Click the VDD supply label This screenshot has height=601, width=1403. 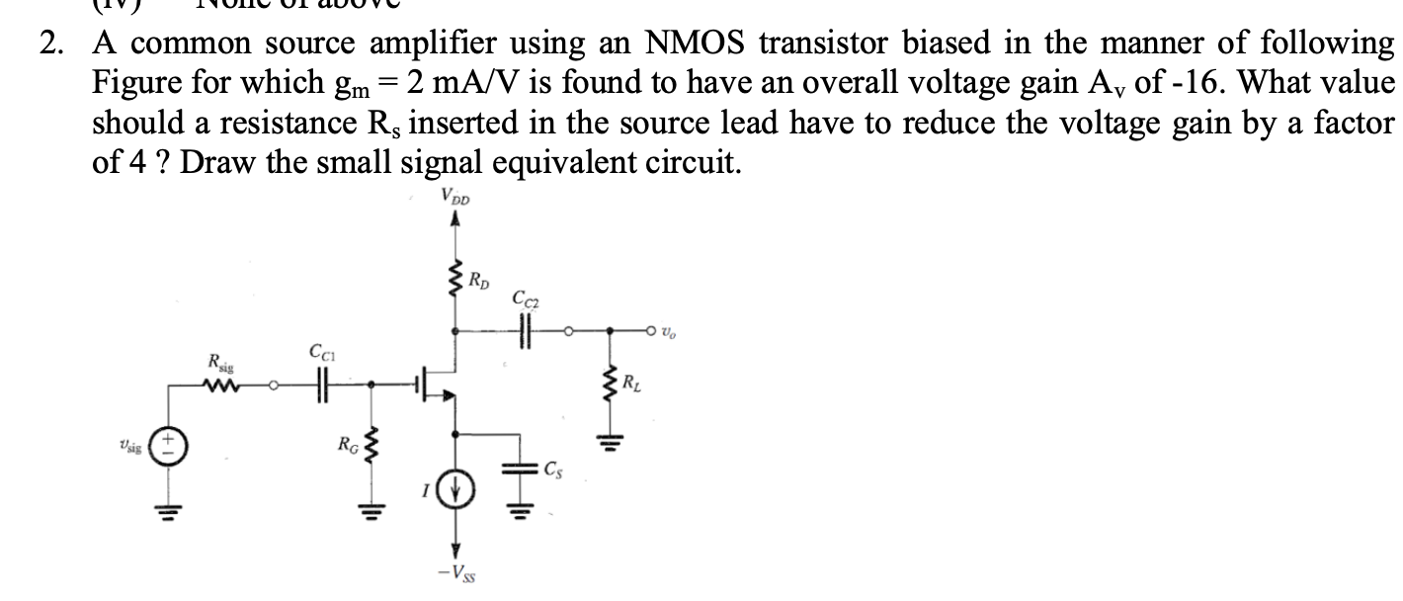455,197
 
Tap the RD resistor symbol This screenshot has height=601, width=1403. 455,280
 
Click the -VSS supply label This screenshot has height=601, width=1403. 455,574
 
